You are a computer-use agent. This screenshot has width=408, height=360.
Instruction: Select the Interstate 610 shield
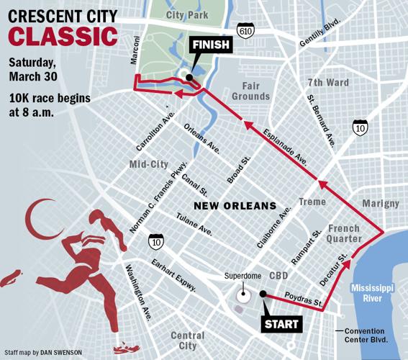coord(245,30)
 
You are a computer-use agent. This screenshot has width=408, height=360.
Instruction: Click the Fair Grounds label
coord(250,90)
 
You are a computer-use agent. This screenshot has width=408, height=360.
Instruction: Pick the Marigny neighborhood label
coord(381,204)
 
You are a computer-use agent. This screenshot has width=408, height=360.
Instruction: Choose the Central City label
coord(188,341)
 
